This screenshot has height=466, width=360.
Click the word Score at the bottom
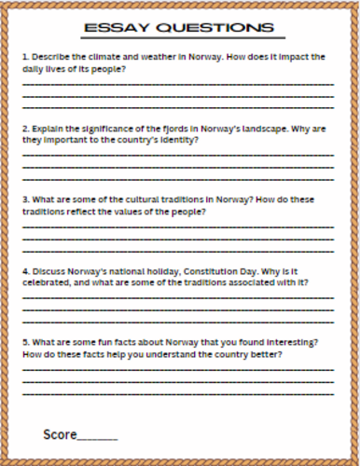click(x=58, y=434)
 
